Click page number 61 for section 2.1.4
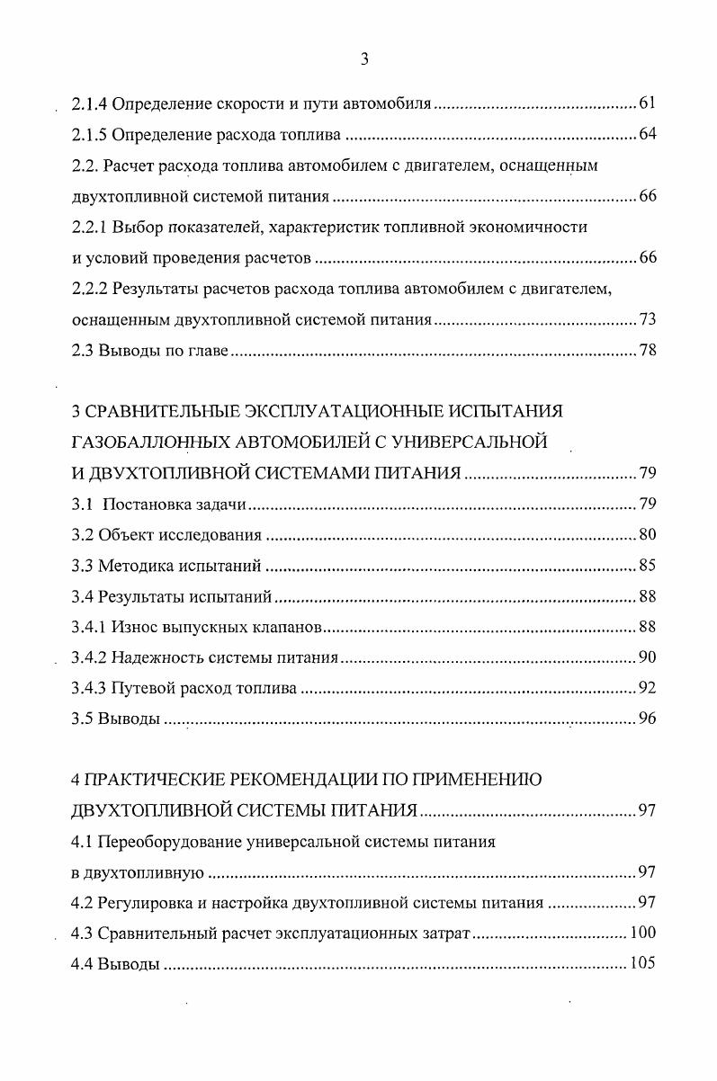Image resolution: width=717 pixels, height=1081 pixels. pyautogui.click(x=648, y=103)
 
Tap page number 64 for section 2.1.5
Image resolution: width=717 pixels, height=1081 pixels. pyautogui.click(x=648, y=135)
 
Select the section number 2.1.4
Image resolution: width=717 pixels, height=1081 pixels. pyautogui.click(x=89, y=103)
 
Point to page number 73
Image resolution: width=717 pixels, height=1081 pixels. pyautogui.click(x=648, y=318)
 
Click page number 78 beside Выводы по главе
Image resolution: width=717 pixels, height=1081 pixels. pyautogui.click(x=648, y=350)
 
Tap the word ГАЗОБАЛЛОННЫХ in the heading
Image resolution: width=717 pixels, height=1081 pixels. pyautogui.click(x=142, y=442)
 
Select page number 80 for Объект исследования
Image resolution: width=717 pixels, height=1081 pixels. pyautogui.click(x=648, y=534)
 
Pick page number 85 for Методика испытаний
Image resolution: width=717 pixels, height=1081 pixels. pyautogui.click(x=648, y=566)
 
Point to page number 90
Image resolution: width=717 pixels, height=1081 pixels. pyautogui.click(x=648, y=657)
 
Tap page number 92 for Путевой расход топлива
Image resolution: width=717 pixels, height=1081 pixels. pyautogui.click(x=648, y=688)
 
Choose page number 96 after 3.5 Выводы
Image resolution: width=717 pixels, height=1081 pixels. pyautogui.click(x=648, y=719)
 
